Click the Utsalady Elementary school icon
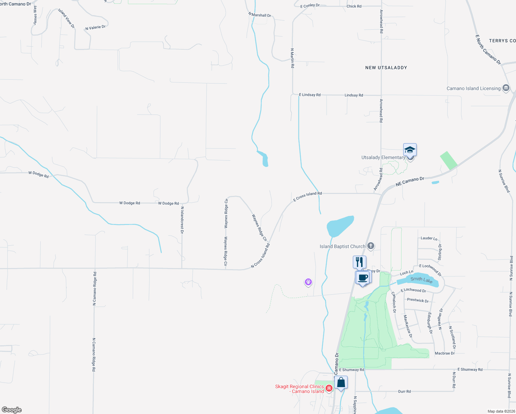[410, 150]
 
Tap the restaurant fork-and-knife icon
[359, 262]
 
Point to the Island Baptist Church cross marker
[371, 246]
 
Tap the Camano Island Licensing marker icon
[506, 88]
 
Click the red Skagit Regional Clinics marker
[329, 388]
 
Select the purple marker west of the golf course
[308, 282]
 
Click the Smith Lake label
[421, 280]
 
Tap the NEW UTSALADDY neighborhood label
[386, 68]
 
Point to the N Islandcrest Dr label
[182, 220]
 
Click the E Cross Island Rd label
[307, 196]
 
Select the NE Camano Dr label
[410, 181]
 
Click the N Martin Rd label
[292, 58]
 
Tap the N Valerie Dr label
[96, 27]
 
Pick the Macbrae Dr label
[445, 353]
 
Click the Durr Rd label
[404, 392]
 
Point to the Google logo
[12, 410]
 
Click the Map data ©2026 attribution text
[501, 411]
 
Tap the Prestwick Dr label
[418, 300]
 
